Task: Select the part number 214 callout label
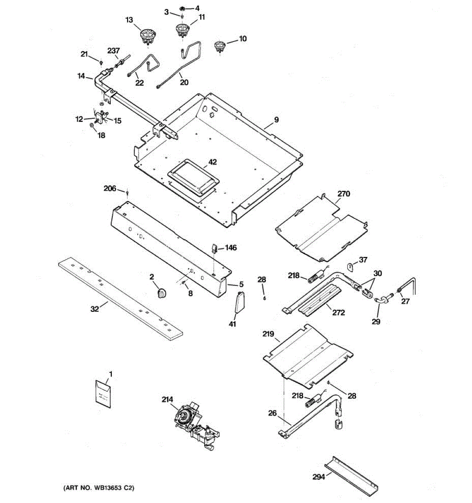click(167, 400)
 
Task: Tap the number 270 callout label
click(344, 194)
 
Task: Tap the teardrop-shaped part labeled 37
click(351, 266)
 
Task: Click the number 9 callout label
click(276, 120)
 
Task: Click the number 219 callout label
click(269, 334)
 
